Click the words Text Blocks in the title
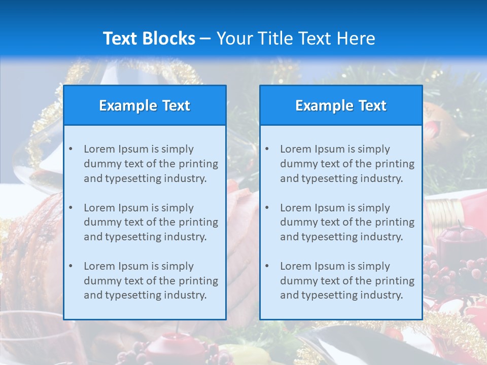coord(149,39)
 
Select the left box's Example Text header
coord(145,105)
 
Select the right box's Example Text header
coord(341,105)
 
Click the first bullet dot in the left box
coord(71,149)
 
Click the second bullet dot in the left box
coord(71,208)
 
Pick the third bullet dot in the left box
coord(71,266)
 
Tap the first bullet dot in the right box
coord(267,149)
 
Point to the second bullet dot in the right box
coord(267,208)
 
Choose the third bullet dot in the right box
coord(267,266)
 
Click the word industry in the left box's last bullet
coord(185,295)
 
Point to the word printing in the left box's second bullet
coord(200,222)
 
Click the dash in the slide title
coord(205,39)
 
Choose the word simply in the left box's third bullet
coord(178,266)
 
